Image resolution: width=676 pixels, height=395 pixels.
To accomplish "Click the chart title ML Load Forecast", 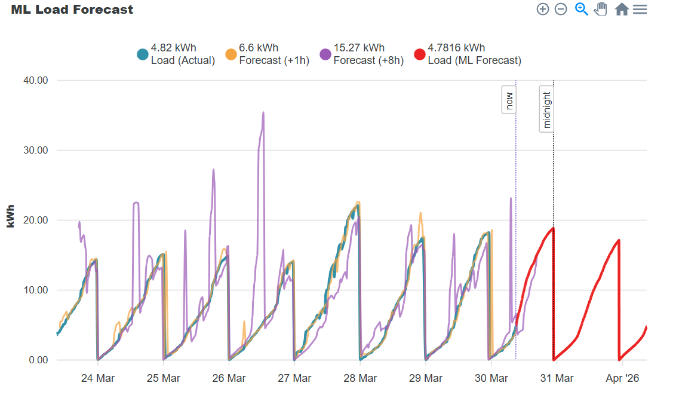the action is [72, 10].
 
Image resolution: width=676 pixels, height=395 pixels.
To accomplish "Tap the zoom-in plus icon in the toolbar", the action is [543, 9].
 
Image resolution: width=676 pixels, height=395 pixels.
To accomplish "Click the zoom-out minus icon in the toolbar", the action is [561, 9].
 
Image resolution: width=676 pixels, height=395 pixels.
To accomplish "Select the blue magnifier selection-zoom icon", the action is [582, 9].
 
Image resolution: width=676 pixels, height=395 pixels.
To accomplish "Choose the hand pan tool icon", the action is [601, 9].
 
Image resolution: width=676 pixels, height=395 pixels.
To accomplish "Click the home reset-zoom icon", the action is [622, 9].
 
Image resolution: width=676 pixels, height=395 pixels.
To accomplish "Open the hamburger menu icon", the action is [640, 10].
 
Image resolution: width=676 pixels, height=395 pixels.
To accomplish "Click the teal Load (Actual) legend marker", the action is [143, 54].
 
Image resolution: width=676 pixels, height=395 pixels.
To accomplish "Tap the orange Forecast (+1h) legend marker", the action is [231, 54].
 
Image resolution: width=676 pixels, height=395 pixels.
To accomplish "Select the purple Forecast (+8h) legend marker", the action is [325, 54].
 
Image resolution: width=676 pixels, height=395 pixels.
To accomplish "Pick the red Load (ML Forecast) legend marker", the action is [419, 54].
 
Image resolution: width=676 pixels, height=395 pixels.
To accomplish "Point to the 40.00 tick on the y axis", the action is [36, 80].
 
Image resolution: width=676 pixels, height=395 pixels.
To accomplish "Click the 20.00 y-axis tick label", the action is [36, 221].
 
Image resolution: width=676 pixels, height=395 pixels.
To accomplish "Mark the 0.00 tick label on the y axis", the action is [38, 360].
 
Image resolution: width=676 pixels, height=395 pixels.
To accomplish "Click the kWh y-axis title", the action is [10, 216].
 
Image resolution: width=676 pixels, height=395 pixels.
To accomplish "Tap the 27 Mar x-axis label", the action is [294, 378].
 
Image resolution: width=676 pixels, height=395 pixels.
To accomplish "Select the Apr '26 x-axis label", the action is [622, 378].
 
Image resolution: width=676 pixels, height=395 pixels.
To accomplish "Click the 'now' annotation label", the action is [509, 100].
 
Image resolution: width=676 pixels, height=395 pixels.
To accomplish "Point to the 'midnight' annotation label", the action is [546, 109].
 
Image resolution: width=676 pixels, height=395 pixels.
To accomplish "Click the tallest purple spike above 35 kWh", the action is [263, 114].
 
